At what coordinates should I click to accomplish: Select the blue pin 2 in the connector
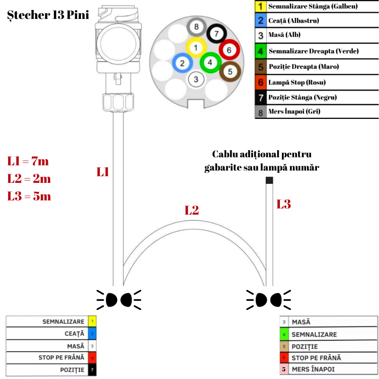[182, 63]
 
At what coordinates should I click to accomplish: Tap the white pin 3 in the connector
[197, 79]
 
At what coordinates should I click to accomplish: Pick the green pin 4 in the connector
[209, 63]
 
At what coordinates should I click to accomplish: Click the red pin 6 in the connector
[228, 50]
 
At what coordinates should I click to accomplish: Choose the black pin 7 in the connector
[216, 34]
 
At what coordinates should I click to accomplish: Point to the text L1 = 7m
[28, 161]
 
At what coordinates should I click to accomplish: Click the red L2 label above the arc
[191, 211]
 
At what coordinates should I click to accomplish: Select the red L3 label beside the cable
[283, 204]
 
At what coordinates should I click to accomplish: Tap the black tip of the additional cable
[269, 180]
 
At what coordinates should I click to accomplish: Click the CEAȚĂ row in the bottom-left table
[51, 334]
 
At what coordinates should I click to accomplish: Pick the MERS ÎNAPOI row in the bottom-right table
[329, 369]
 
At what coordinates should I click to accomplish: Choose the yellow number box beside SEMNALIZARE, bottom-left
[92, 322]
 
